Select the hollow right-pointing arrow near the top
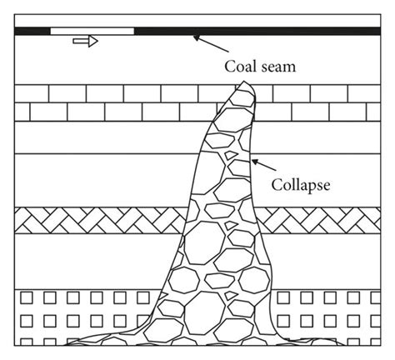click(85, 41)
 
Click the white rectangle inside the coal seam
click(92, 31)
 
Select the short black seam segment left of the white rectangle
click(32, 31)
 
